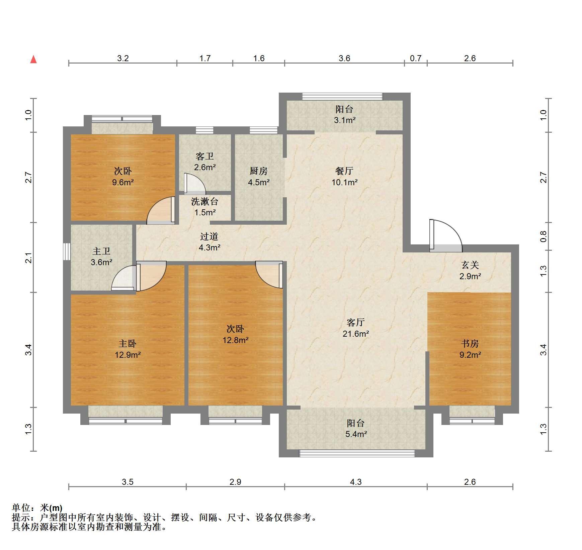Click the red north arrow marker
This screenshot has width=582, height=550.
click(x=33, y=60)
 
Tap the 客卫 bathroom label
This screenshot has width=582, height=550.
click(x=205, y=156)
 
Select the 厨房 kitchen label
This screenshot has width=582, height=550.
click(x=258, y=171)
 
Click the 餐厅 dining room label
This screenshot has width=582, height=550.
click(x=344, y=171)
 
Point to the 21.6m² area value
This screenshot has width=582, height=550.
click(x=356, y=333)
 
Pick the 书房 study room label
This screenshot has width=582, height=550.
click(x=470, y=343)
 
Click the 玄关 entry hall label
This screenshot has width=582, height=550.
click(x=470, y=265)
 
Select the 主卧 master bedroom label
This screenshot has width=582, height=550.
click(x=128, y=343)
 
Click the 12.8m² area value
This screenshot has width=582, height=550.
click(x=236, y=340)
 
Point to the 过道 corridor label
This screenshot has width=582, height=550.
click(x=209, y=236)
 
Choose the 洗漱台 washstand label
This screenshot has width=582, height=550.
click(x=205, y=201)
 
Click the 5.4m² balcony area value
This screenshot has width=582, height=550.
click(x=356, y=434)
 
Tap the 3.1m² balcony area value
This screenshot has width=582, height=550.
click(x=344, y=120)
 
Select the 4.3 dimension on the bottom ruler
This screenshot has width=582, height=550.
click(x=356, y=482)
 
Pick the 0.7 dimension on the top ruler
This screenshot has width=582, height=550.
click(x=416, y=58)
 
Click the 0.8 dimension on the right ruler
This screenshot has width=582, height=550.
click(x=544, y=236)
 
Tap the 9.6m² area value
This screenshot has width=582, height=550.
click(x=123, y=182)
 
